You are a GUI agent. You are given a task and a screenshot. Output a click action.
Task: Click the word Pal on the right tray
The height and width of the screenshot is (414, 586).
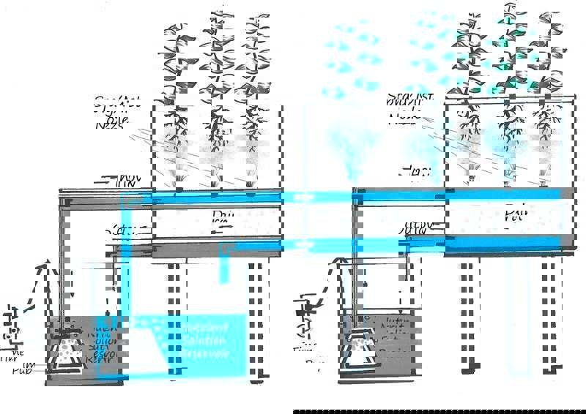coord(516,215)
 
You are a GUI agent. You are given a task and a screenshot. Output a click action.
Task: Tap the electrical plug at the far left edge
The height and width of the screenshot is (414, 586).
coord(9,323)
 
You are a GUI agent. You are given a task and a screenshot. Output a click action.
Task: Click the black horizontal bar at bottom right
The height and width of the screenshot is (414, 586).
coord(439,411)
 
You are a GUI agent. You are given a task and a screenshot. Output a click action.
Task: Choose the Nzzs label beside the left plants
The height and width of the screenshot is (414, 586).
coord(108,124)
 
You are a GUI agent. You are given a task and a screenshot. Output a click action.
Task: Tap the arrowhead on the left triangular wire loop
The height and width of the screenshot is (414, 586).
coord(46,264)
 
